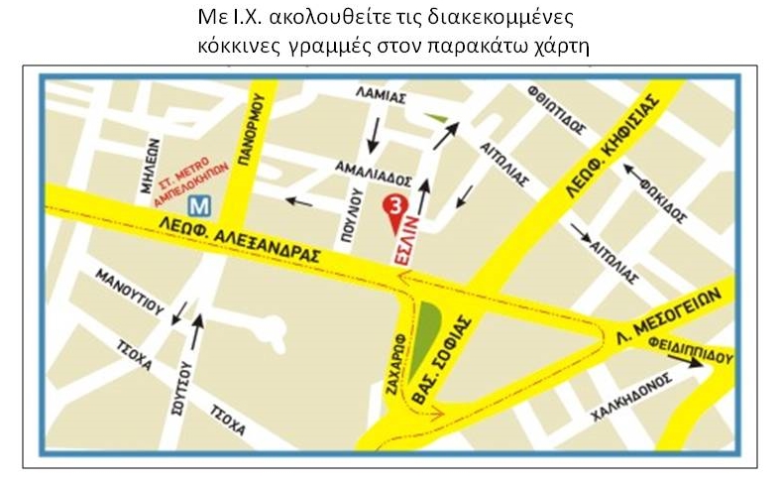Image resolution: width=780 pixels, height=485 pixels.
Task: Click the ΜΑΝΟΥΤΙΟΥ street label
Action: tap(127, 292)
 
